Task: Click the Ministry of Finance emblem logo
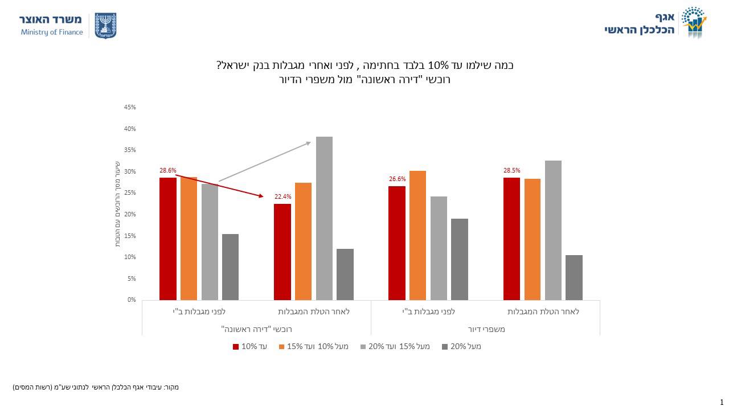click(x=105, y=26)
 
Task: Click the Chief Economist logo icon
click(x=694, y=22)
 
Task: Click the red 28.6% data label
click(x=168, y=170)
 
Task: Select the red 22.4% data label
click(x=282, y=197)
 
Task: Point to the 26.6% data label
click(x=397, y=179)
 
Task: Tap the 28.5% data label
click(x=511, y=170)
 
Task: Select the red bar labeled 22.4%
click(x=282, y=252)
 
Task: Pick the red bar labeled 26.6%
click(x=397, y=243)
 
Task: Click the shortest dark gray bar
click(x=574, y=277)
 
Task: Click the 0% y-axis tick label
click(x=132, y=300)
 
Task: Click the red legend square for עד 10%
click(x=236, y=346)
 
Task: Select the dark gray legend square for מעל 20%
click(x=445, y=346)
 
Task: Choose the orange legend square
click(x=281, y=346)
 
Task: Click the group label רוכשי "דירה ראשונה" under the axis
click(x=256, y=329)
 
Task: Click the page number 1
click(x=722, y=402)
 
